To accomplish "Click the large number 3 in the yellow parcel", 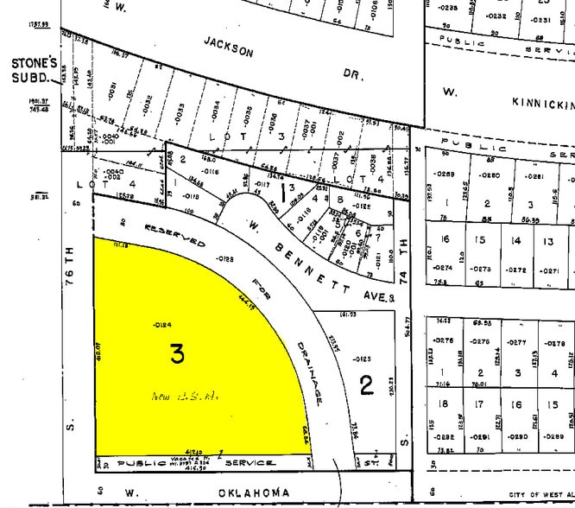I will click(177, 353).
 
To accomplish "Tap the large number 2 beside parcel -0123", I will click(366, 384).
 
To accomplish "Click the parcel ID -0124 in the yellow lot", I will click(162, 324).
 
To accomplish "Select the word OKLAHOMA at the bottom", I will click(208, 492).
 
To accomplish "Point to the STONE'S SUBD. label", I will click(33, 70).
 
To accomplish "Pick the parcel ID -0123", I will click(362, 359).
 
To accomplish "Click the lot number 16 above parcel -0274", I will click(446, 239).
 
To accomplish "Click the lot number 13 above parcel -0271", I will click(548, 240).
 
